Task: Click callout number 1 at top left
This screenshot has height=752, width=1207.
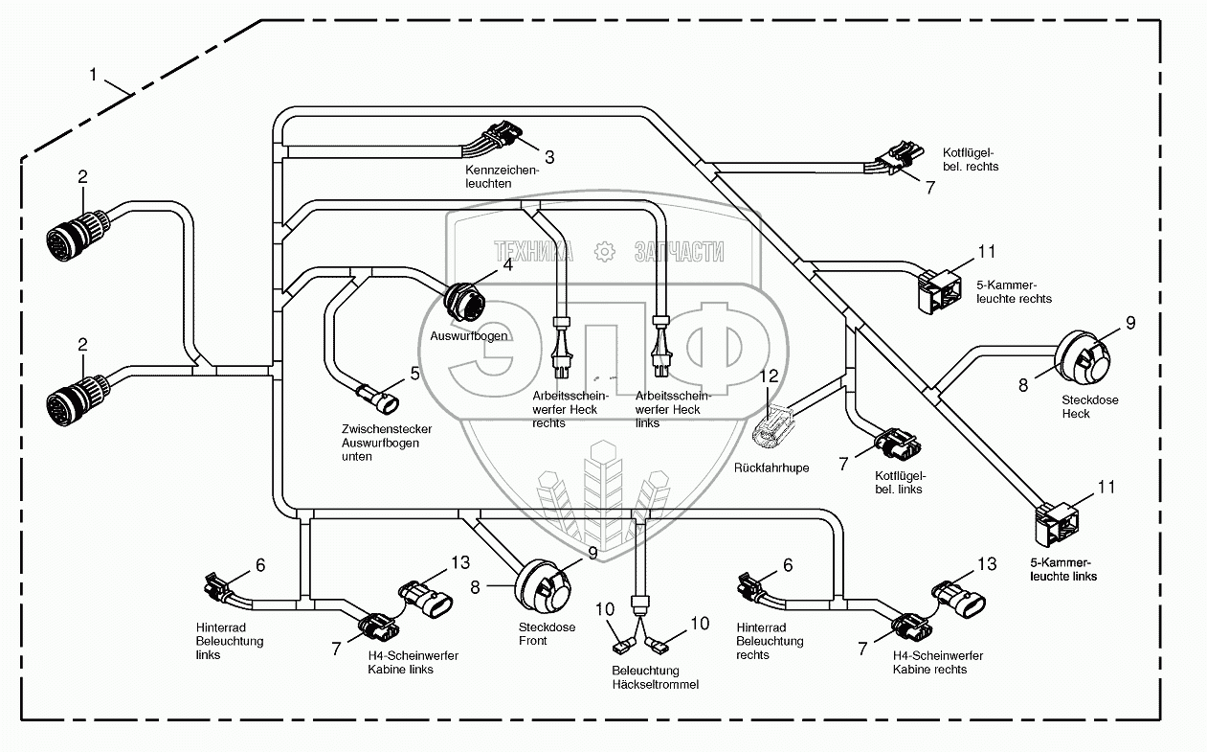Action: coord(94,74)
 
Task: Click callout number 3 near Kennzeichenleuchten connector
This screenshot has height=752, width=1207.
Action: coord(549,156)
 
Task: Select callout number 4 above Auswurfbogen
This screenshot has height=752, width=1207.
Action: coord(507,265)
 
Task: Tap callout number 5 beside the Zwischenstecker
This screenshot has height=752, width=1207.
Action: coord(415,373)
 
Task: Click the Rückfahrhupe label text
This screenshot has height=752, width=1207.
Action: coord(771,468)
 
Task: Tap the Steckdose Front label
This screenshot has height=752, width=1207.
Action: coord(547,634)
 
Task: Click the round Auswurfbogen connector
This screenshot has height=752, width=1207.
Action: coord(466,302)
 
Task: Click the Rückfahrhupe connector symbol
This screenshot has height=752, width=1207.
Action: coord(774,427)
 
